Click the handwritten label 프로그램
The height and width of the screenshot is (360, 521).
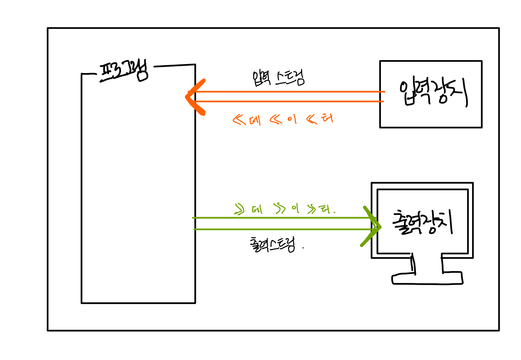tap(124, 72)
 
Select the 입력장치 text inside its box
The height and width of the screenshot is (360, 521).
tap(433, 93)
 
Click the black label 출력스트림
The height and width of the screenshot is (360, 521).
tap(273, 245)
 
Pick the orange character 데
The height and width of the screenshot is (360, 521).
tap(255, 120)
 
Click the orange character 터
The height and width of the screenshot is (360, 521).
tap(327, 118)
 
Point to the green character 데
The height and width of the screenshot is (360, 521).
tap(257, 209)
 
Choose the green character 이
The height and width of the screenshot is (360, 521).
tap(295, 208)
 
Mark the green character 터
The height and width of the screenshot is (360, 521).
tap(325, 209)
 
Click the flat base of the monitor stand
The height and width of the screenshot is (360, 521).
tap(427, 279)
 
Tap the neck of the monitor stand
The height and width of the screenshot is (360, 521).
tap(427, 265)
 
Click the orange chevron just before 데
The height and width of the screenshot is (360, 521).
tap(239, 120)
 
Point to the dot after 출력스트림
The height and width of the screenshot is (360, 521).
tap(303, 248)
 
